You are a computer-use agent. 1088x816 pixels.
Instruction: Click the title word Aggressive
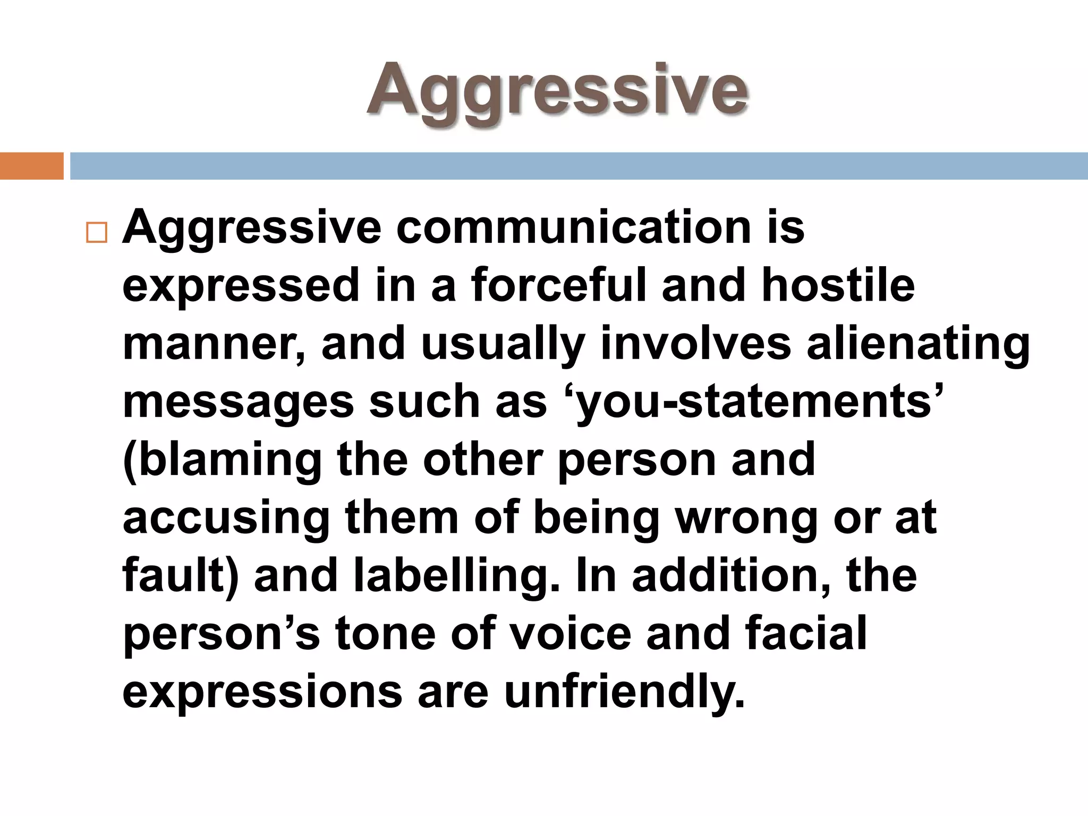pyautogui.click(x=557, y=90)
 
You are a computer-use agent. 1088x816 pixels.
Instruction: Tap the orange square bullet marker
pyautogui.click(x=96, y=232)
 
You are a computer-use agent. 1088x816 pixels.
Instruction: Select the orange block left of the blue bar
pyautogui.click(x=31, y=166)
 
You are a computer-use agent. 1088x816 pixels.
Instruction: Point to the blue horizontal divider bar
pyautogui.click(x=579, y=166)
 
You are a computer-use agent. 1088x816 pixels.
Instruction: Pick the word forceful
pyautogui.click(x=558, y=286)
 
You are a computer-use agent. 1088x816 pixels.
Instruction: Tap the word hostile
pyautogui.click(x=838, y=286)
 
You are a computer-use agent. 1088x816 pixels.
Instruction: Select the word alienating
pyautogui.click(x=918, y=344)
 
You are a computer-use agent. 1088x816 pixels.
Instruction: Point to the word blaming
pyautogui.click(x=223, y=460)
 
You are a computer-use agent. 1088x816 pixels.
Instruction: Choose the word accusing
pyautogui.click(x=226, y=518)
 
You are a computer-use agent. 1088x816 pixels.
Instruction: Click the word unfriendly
pyautogui.click(x=624, y=692)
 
